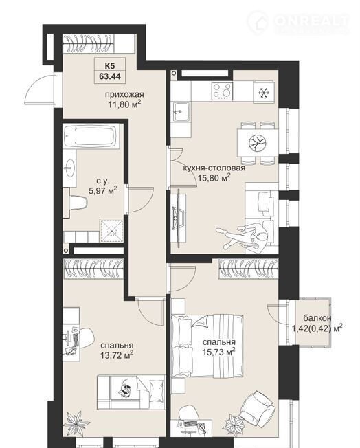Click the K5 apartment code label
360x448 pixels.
click(110, 66)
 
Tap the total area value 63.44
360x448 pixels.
click(110, 76)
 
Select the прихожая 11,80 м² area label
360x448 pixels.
click(124, 99)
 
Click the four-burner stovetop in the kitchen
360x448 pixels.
click(223, 91)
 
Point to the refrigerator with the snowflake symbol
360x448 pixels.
click(262, 92)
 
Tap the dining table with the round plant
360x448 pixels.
click(258, 142)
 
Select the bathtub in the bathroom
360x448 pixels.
click(91, 136)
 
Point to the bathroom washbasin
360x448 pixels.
click(69, 168)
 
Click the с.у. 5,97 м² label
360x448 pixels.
click(103, 186)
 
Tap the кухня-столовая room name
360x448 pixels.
click(214, 168)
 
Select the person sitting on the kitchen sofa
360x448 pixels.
click(245, 236)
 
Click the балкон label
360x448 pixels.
click(317, 317)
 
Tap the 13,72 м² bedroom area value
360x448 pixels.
click(117, 355)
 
